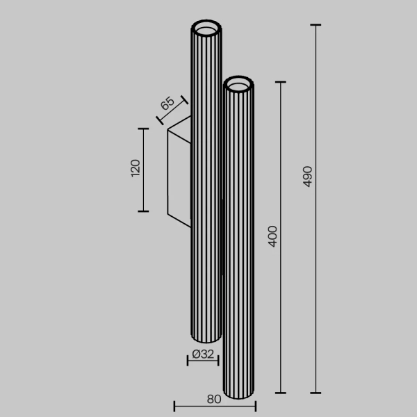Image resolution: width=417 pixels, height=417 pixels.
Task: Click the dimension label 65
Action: coord(167,105)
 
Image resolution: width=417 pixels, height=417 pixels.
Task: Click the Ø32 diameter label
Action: coord(202,354)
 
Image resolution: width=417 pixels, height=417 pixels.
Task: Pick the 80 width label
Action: coord(214,400)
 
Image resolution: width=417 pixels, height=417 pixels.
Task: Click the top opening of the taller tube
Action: coord(206,30)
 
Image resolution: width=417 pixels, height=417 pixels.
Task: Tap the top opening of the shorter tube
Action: coord(239,85)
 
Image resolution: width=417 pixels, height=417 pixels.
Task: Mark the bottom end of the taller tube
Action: coord(205,338)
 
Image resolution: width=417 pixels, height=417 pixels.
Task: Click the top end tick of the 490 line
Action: coord(316,25)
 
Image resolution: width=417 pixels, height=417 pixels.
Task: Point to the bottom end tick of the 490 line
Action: coord(316,393)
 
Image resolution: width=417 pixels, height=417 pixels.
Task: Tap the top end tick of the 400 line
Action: coord(281,82)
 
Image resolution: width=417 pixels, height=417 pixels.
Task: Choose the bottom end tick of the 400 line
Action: coord(281,393)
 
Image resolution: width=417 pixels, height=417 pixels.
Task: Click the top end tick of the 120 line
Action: coord(143,129)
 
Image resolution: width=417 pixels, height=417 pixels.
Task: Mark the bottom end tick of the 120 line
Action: coord(143,211)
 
